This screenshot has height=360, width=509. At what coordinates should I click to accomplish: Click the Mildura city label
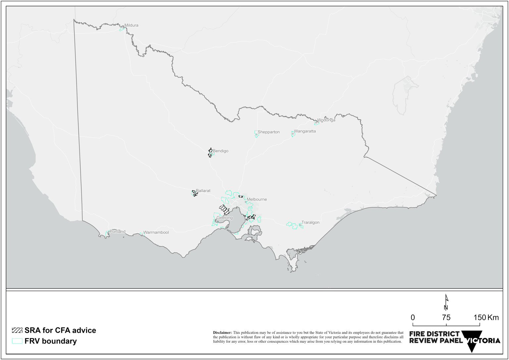tap(131, 25)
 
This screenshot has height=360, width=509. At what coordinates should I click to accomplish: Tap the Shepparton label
tap(268, 132)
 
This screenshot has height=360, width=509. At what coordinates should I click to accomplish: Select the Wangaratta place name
tap(305, 131)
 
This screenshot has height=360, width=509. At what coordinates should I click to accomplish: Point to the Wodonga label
tap(326, 120)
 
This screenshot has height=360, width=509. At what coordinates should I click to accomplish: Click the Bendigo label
tap(220, 151)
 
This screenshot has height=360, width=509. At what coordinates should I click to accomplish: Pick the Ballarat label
tap(203, 191)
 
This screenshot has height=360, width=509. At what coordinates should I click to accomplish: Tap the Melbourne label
tap(257, 199)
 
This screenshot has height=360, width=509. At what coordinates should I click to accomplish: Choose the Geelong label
tap(224, 218)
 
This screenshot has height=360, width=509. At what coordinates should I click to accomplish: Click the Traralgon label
tap(310, 222)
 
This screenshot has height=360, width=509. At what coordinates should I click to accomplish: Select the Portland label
tap(118, 231)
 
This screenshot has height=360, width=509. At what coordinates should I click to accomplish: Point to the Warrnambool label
tap(156, 232)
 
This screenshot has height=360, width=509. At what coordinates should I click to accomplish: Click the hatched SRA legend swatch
tap(17, 330)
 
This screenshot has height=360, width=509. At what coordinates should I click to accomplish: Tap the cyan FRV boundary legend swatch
tap(17, 341)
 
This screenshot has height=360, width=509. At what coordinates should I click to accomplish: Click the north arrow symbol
tap(446, 302)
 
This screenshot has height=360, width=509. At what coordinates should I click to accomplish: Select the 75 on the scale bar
tap(446, 318)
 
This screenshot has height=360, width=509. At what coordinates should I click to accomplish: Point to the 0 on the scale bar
tap(413, 318)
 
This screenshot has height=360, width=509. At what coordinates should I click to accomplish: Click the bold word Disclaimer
tap(222, 332)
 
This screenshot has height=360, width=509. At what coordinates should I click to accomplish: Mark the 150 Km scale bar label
tap(486, 318)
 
